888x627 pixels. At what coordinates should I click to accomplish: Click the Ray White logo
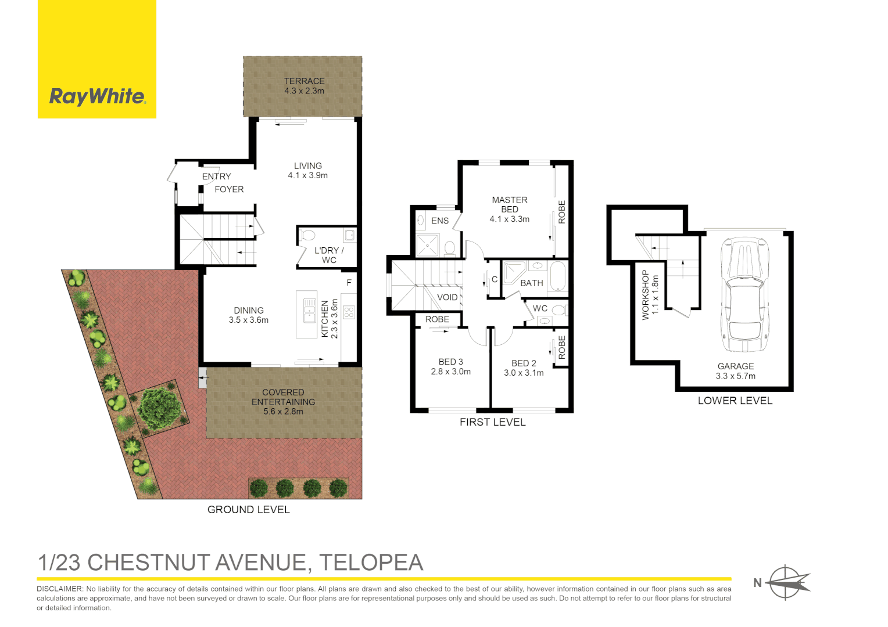[x=97, y=96]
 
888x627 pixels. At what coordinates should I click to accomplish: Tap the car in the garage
[x=744, y=294]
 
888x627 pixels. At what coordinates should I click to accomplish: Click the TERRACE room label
[x=304, y=81]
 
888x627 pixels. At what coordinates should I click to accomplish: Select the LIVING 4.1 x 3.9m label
[x=307, y=171]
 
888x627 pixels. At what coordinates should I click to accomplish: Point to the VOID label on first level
[x=447, y=297]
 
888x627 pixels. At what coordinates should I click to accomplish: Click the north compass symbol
[x=786, y=582]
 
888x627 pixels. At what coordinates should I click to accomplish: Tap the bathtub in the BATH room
[x=557, y=276]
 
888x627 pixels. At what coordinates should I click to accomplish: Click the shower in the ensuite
[x=428, y=246]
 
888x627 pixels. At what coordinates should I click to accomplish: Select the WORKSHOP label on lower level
[x=645, y=295]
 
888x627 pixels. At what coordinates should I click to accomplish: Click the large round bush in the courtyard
[x=158, y=408]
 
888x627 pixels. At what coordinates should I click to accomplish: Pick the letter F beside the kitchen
[x=349, y=283]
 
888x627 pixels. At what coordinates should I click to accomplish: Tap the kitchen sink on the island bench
[x=309, y=311]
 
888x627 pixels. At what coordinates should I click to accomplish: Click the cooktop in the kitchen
[x=349, y=312]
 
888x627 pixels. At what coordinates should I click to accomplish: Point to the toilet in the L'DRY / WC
[x=307, y=235]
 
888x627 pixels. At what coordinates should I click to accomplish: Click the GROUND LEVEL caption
[x=248, y=510]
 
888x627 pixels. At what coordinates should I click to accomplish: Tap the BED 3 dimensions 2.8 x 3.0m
[x=450, y=372]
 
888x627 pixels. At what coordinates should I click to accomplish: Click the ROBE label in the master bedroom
[x=561, y=212]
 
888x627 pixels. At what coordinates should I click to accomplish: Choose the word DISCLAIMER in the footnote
[x=60, y=589]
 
